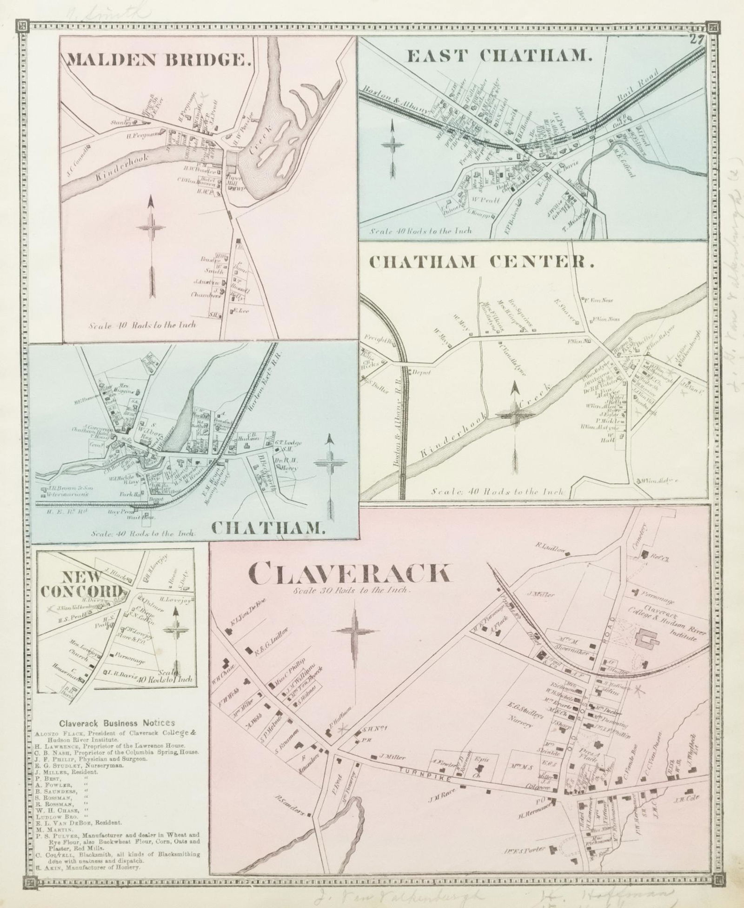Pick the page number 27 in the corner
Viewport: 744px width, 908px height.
point(696,39)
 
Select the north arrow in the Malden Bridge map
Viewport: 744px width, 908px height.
point(151,249)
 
